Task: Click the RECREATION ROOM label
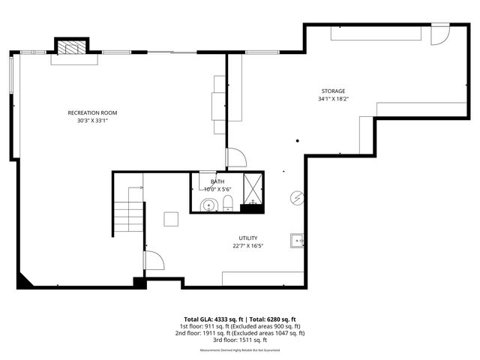[92, 112]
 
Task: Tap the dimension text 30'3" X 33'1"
[92, 121]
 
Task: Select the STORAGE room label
[334, 91]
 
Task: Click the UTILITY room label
[248, 238]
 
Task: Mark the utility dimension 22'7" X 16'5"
[247, 245]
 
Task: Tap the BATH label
[217, 181]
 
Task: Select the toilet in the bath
[229, 202]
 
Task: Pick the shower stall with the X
[253, 189]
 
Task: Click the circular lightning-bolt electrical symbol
[298, 197]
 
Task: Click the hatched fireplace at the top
[73, 48]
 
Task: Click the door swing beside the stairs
[154, 261]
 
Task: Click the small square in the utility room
[171, 218]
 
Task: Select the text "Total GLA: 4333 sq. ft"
[214, 319]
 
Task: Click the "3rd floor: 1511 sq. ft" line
[240, 340]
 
